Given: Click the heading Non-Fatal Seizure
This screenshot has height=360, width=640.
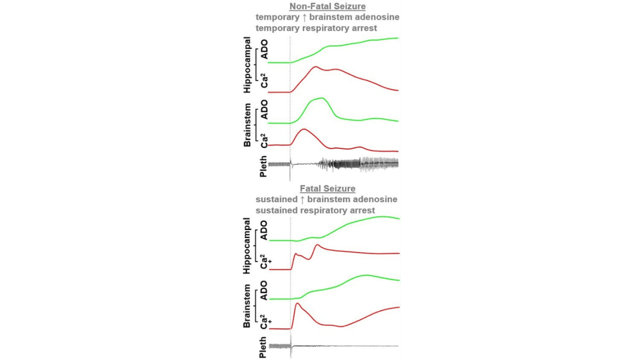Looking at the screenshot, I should (327, 6).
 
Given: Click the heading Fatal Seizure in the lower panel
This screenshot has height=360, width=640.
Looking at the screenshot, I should (327, 188).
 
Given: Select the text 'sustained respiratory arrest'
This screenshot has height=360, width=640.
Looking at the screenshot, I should (315, 210).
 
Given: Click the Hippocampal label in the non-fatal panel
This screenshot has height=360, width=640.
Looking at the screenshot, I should (247, 64).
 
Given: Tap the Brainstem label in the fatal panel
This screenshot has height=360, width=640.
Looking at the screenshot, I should (247, 306).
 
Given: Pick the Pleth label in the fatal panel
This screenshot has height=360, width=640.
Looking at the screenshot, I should (263, 347).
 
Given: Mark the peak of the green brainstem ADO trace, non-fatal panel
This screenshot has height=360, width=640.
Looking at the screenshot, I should (321, 98).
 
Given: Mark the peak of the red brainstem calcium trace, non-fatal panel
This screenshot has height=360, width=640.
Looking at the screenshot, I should (304, 129).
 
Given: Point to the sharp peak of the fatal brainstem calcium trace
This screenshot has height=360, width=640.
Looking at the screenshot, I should (297, 303).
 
